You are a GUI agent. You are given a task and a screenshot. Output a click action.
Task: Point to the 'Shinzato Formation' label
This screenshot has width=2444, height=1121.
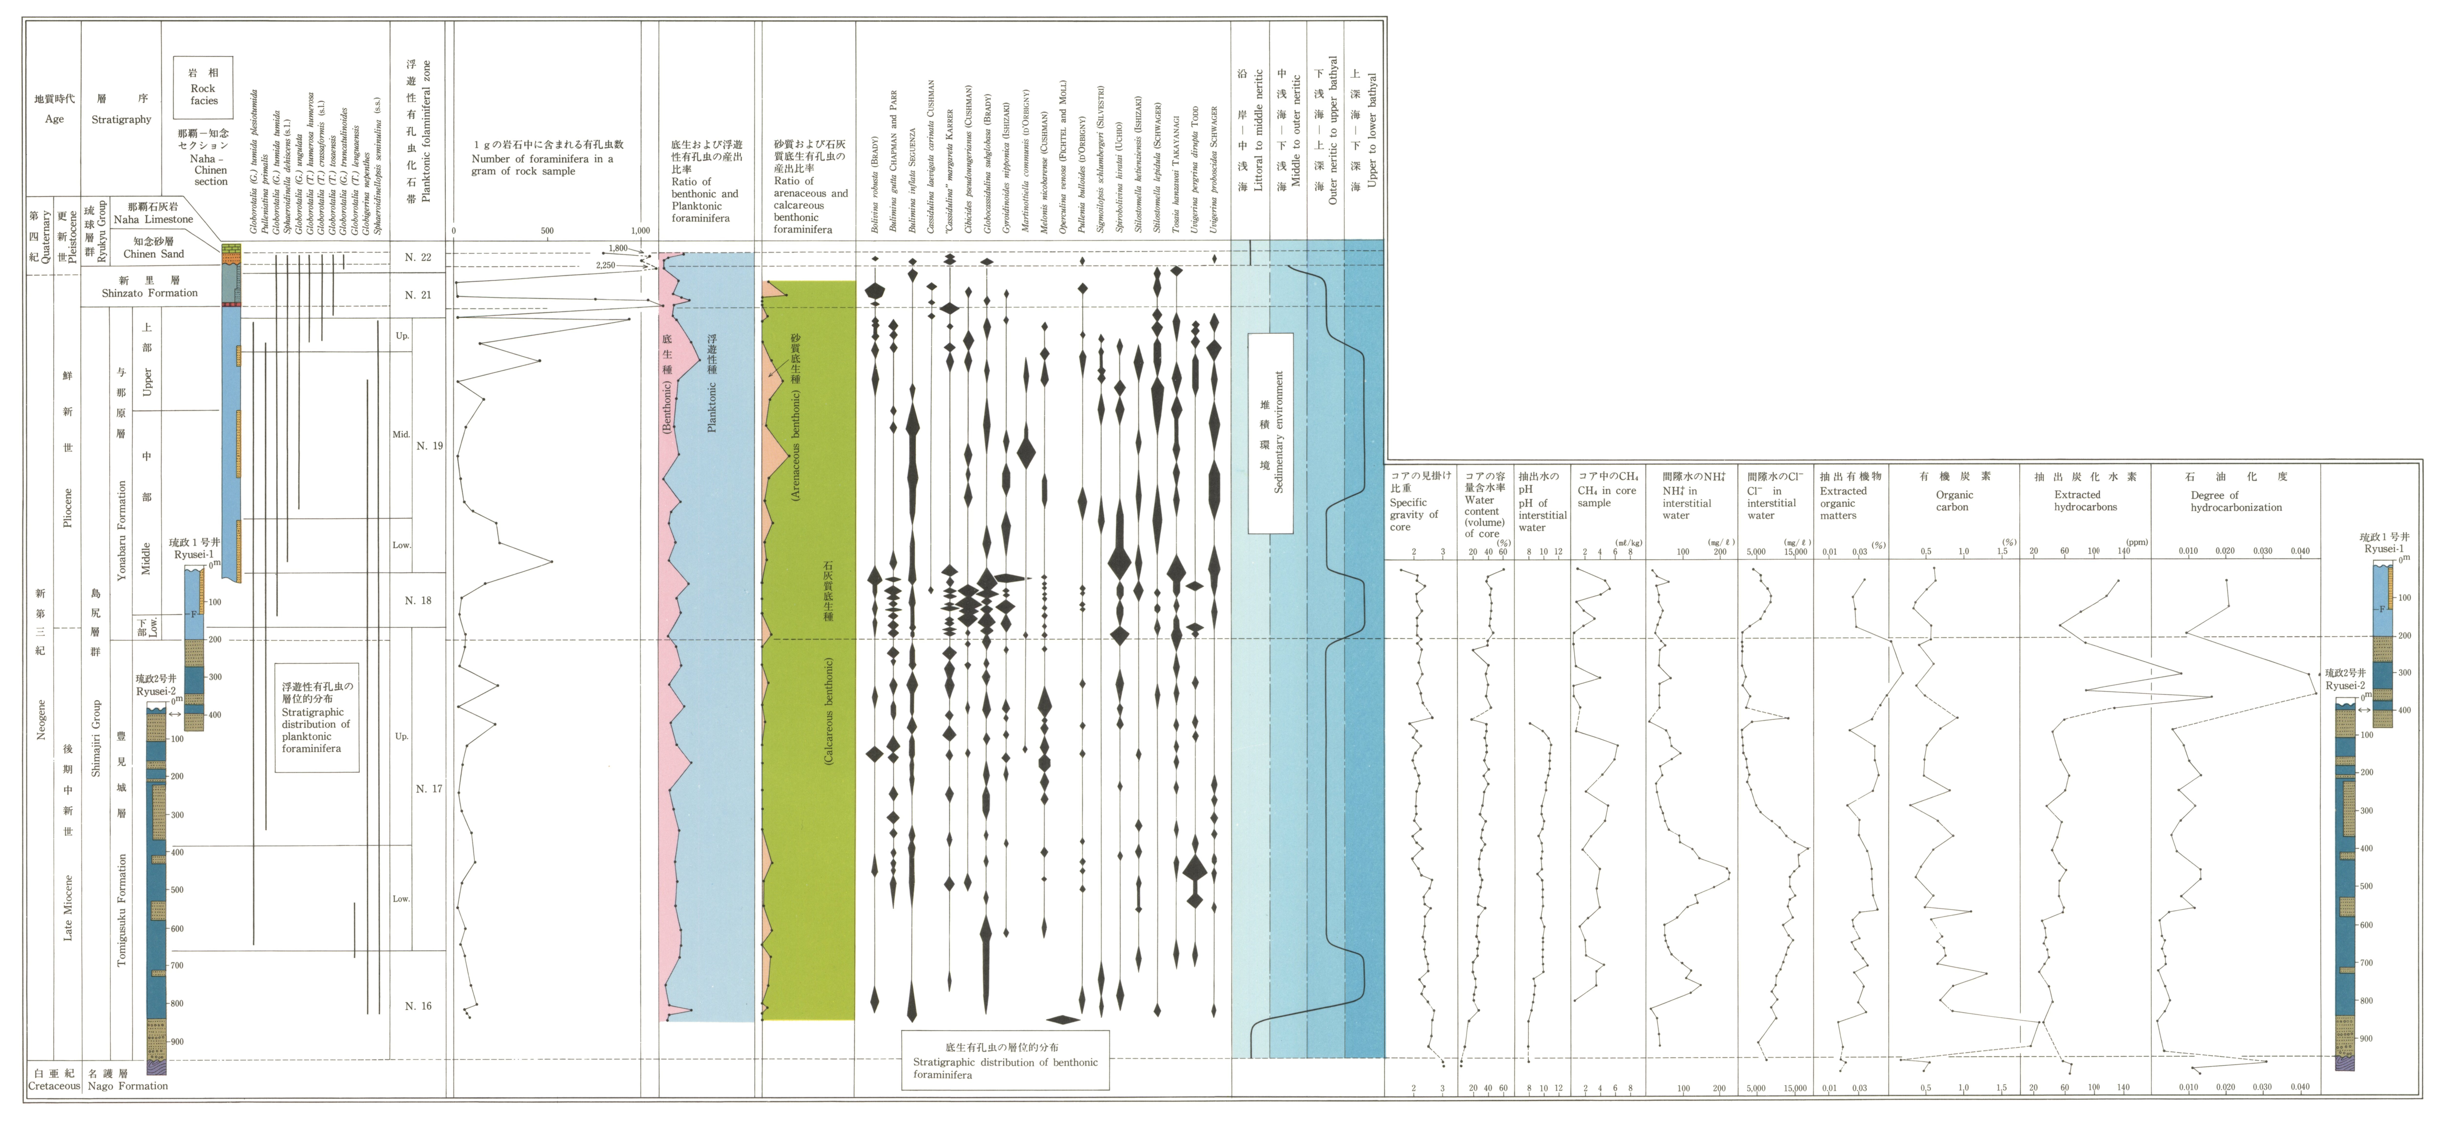pos(150,293)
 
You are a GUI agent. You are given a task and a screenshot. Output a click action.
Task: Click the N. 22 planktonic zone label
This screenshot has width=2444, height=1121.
pos(417,257)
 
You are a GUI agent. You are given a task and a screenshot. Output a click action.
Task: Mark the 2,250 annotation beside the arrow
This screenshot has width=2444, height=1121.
pos(605,266)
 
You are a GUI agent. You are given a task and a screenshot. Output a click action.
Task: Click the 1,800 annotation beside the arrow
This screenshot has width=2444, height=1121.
pos(618,248)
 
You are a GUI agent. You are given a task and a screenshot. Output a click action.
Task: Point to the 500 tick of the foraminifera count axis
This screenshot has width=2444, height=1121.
pos(547,230)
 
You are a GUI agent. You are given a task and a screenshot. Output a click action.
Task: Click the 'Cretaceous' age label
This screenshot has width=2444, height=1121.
pos(54,1086)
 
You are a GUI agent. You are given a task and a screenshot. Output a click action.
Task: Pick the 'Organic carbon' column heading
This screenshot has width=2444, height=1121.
pos(1953,501)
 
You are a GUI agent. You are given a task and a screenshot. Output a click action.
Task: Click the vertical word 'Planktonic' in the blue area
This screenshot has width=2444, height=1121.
pos(711,408)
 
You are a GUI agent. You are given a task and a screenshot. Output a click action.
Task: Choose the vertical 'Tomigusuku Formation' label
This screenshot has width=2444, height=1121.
pos(121,910)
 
